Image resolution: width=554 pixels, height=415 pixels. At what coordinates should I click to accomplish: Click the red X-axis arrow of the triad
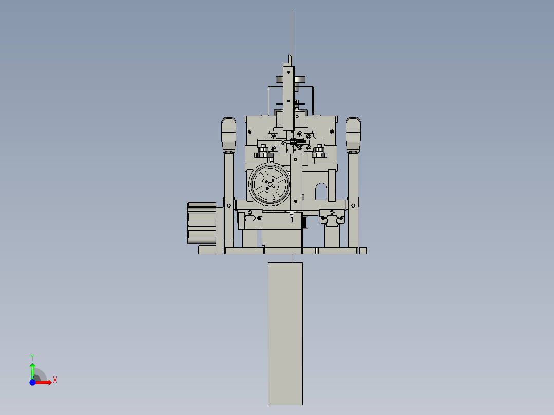pos(45,382)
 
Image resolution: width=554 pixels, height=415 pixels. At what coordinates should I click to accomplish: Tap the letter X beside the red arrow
pos(54,380)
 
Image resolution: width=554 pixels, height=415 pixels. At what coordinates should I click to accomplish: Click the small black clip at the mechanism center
pos(293,142)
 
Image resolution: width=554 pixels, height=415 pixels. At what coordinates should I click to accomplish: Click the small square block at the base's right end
pos(363,251)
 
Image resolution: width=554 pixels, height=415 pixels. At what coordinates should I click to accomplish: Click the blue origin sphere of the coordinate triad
pos(32,382)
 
